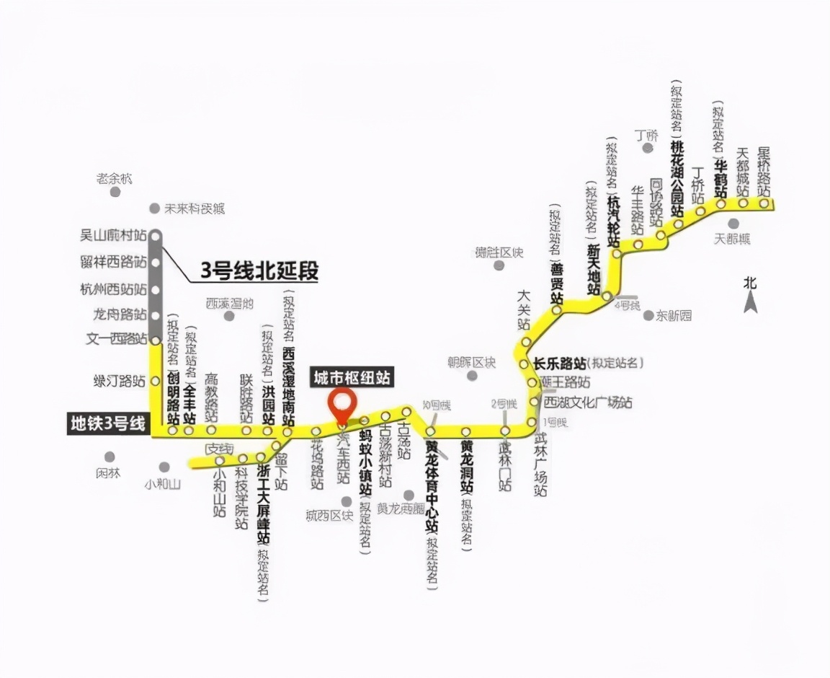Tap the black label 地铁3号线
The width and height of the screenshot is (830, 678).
point(107,423)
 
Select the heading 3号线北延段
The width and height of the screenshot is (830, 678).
point(259,271)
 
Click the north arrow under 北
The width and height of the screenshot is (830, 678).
point(751,303)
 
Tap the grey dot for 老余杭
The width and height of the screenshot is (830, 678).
point(115,192)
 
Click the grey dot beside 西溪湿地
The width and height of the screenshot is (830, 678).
point(229,316)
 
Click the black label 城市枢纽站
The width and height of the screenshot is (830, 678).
point(352,377)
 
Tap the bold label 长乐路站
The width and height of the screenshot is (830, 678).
point(558,362)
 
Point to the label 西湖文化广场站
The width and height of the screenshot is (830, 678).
point(588,402)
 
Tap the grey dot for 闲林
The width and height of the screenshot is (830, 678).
point(110,457)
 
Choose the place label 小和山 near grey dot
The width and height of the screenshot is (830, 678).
point(162,484)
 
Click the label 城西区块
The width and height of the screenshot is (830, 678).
point(329,515)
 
